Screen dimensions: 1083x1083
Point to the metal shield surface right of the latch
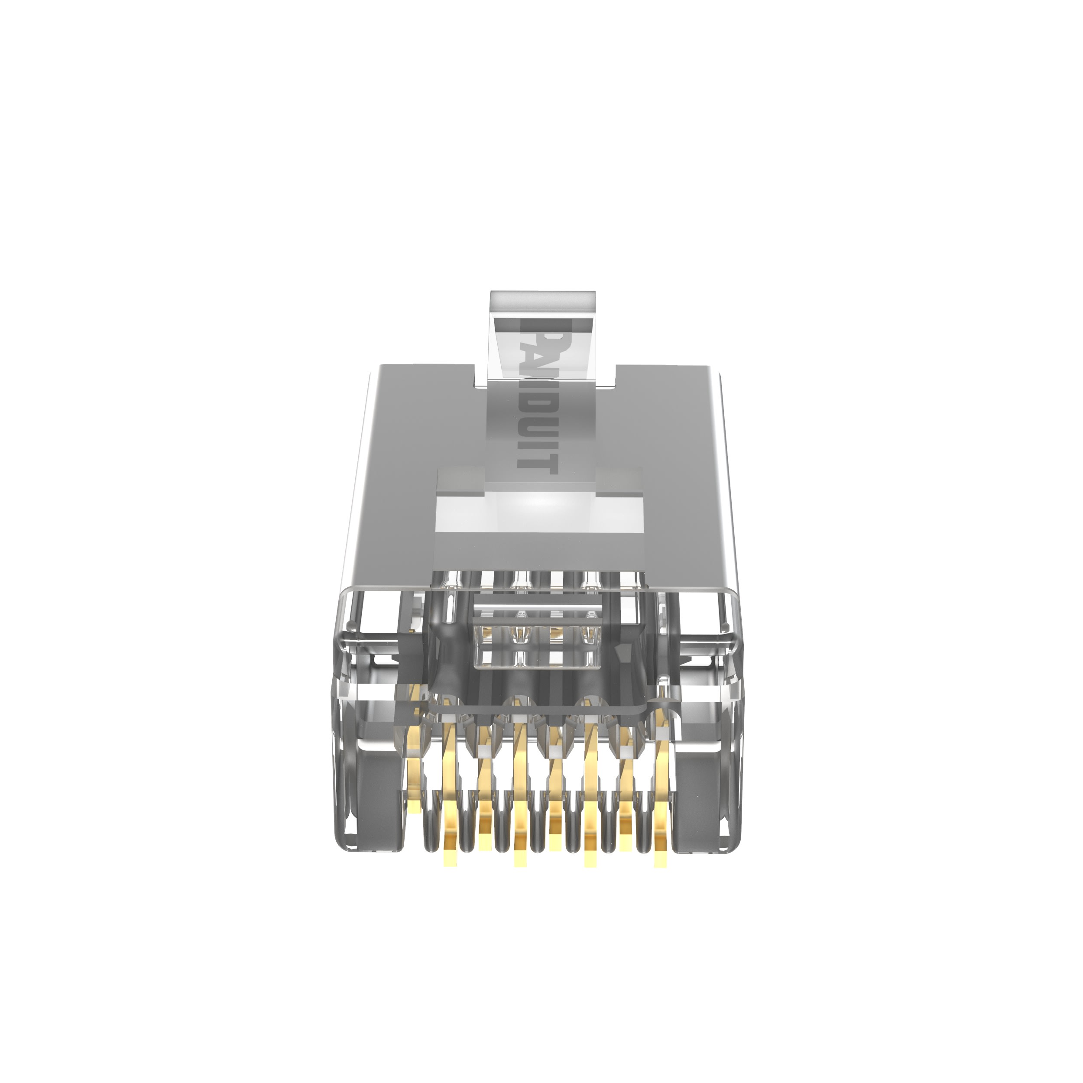667,448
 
